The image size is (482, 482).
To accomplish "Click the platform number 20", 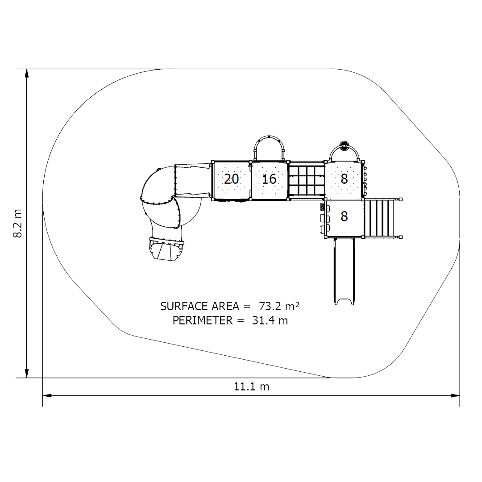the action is tap(232, 179).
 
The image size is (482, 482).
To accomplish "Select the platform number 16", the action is tap(269, 179).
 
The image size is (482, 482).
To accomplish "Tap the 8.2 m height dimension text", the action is tap(17, 223).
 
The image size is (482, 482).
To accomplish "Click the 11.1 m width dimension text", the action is tap(251, 386).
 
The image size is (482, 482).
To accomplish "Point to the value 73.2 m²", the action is tap(279, 306).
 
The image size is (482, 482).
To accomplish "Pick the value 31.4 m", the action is tap(270, 320).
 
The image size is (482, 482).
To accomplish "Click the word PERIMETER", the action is tap(203, 320).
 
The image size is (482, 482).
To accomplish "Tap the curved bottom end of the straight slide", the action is tap(344, 301).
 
